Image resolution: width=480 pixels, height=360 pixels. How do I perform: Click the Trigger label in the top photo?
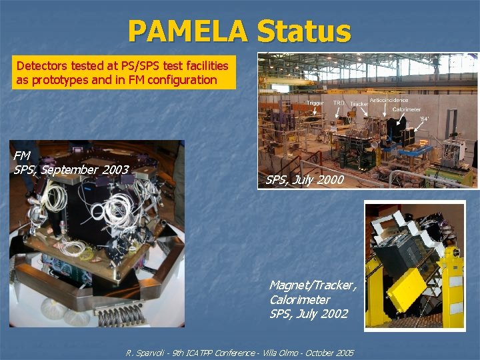coord(315,103)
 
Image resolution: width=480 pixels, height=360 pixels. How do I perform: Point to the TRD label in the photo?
coord(339,103)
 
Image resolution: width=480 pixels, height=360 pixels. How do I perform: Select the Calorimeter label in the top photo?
coord(406,109)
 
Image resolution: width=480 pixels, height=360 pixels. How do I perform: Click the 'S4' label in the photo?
coord(424,119)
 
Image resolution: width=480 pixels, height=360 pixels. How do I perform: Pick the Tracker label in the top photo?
coord(359,104)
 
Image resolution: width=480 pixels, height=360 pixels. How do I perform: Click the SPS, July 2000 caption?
coord(305,179)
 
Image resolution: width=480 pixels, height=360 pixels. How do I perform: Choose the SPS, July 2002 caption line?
coord(309,314)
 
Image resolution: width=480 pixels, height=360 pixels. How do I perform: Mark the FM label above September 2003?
coord(22,155)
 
